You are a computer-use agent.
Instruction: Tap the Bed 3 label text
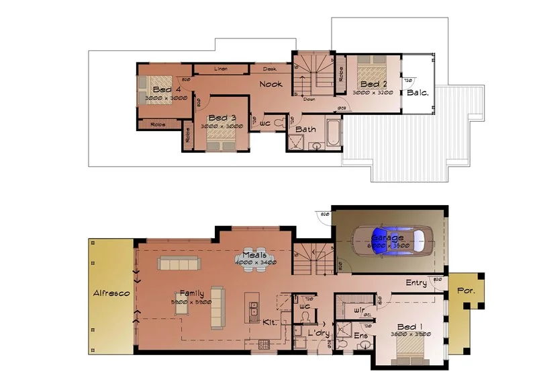click(222, 118)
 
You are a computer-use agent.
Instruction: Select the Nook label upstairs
click(271, 84)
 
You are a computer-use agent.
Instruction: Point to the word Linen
click(220, 69)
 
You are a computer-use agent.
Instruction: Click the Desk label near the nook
click(270, 69)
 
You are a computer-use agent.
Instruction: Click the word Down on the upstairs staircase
click(309, 99)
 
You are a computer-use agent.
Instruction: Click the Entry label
click(416, 283)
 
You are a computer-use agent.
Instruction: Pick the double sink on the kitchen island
click(254, 310)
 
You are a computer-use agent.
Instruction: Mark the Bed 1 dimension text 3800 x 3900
click(409, 334)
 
